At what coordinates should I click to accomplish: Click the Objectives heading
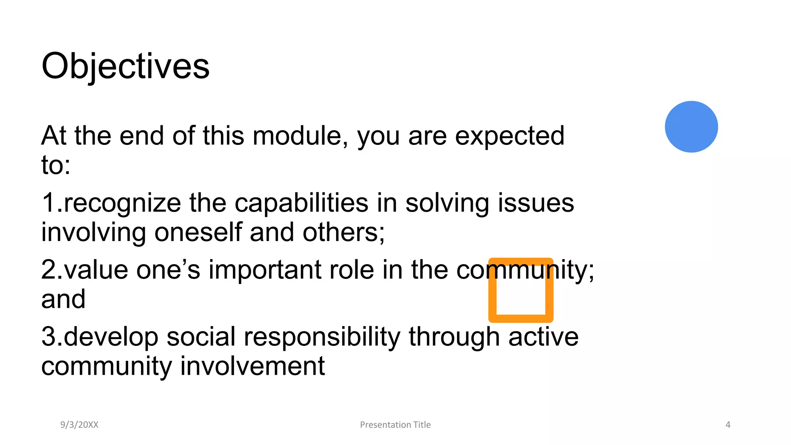[x=126, y=66]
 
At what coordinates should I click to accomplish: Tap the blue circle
[x=691, y=127]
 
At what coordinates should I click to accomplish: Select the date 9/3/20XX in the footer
[x=79, y=425]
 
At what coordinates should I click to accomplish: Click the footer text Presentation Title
[x=395, y=425]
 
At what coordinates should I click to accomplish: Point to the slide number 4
[x=728, y=425]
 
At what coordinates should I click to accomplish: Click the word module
[x=300, y=136]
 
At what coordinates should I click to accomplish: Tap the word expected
[x=509, y=137]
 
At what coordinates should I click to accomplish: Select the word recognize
[x=122, y=204]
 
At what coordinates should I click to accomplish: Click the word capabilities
[x=301, y=204]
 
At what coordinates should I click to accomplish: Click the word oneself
[x=198, y=232]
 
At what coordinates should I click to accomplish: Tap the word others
[x=343, y=232]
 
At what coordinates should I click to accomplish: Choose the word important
[x=265, y=270]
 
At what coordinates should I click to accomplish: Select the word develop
[x=111, y=337]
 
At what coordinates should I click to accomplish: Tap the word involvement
[x=253, y=366]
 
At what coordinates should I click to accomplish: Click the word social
[x=201, y=336]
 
